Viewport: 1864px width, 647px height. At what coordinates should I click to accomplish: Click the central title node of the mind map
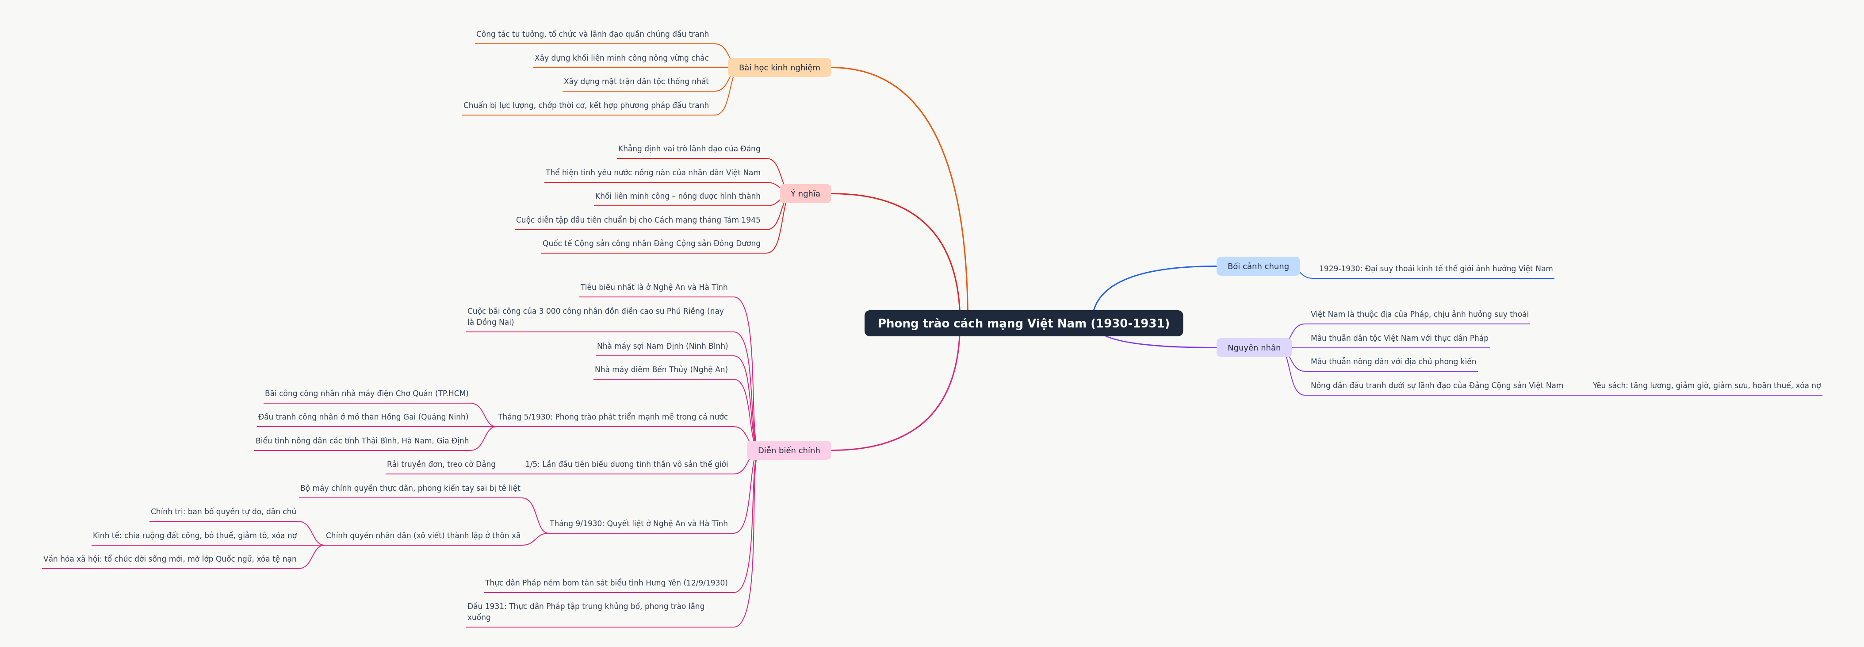(1023, 323)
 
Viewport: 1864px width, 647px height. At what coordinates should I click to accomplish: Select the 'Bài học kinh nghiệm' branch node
(779, 67)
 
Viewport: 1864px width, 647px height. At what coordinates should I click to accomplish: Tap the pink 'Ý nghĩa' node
(805, 193)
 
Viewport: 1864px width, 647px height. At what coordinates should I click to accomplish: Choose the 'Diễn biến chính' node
(789, 450)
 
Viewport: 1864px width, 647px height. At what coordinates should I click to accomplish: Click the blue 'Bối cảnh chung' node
(1258, 266)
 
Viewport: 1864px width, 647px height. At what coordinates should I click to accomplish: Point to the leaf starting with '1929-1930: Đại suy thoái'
(1435, 269)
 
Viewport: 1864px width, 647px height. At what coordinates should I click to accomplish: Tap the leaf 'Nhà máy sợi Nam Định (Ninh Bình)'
(662, 346)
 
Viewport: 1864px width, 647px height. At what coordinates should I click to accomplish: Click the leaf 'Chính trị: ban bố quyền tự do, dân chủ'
(224, 512)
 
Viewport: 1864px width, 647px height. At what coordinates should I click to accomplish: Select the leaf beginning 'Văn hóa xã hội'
(170, 558)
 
